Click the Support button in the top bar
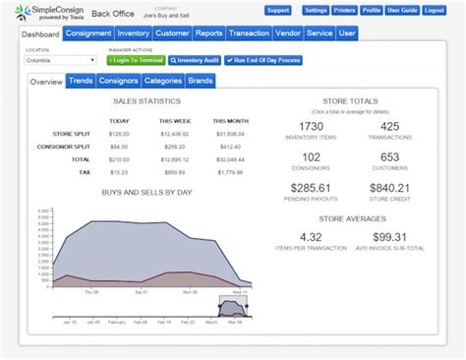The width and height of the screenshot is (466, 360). click(x=278, y=11)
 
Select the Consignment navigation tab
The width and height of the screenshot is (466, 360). click(x=88, y=33)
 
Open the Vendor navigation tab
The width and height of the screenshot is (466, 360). click(x=289, y=33)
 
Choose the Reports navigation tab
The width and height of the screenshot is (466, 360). click(x=209, y=33)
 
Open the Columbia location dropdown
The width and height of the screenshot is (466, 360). click(x=60, y=60)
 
